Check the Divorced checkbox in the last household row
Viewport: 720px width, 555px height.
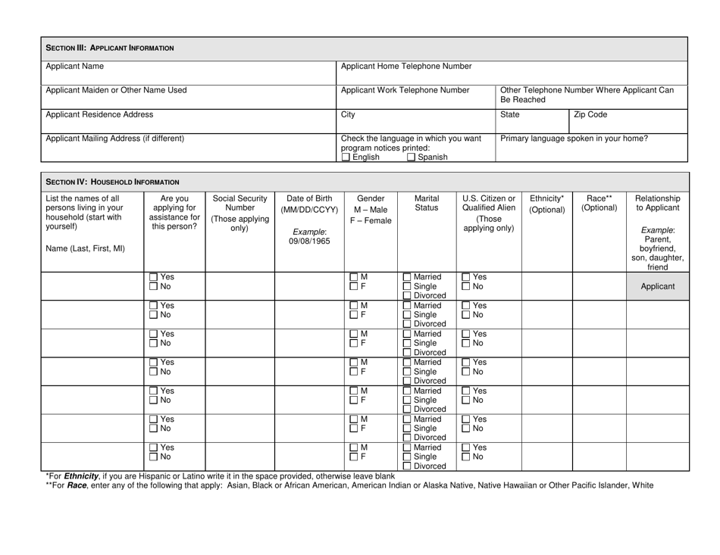click(408, 466)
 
